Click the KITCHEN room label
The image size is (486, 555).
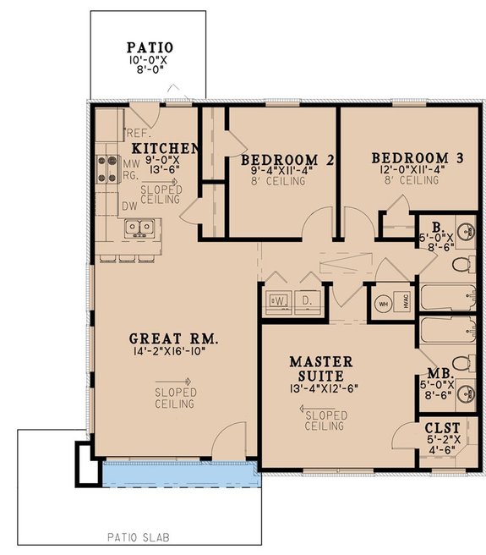coord(172,147)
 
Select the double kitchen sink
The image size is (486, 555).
coord(139,227)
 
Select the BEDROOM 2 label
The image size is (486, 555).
coord(280,159)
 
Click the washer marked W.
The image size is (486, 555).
coord(276,300)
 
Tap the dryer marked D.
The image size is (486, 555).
coord(308,300)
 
